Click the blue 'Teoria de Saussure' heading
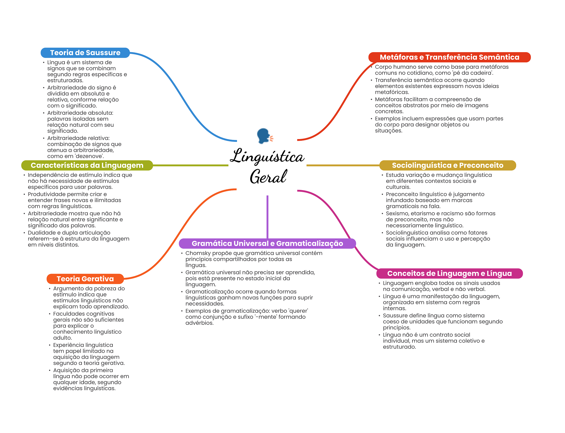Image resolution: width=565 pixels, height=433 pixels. point(85,53)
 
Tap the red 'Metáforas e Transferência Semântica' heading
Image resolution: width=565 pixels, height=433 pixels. point(449,57)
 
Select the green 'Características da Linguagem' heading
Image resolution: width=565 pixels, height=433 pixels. point(87,165)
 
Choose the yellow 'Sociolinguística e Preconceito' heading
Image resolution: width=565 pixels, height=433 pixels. point(447,165)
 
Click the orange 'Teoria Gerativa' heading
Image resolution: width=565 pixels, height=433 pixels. point(85,279)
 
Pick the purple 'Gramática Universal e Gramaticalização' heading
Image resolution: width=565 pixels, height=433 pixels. point(267,243)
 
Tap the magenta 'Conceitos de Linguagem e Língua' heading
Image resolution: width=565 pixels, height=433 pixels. point(449,273)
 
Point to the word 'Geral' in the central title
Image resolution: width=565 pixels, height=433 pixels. point(268,177)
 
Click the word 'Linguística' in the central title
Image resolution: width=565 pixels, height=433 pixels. point(267,156)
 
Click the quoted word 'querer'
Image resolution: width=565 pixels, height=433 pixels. point(298,311)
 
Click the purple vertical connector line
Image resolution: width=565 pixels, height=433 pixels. point(267,217)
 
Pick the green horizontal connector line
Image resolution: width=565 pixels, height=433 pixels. point(191,165)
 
